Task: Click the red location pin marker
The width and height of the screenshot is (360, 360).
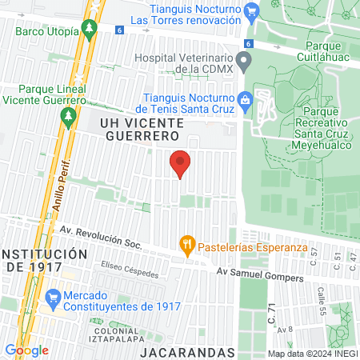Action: [181, 163]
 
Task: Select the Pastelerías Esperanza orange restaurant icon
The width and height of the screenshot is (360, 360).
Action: [187, 244]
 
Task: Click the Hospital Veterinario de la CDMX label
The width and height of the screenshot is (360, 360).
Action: [183, 64]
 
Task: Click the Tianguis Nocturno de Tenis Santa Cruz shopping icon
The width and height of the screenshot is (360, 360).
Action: [245, 102]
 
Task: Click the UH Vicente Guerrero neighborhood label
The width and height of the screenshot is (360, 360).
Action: [142, 130]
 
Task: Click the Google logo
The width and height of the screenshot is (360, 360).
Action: [26, 350]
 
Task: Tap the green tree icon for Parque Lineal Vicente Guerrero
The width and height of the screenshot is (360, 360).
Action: [68, 117]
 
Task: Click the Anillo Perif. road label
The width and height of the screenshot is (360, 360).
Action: [62, 185]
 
